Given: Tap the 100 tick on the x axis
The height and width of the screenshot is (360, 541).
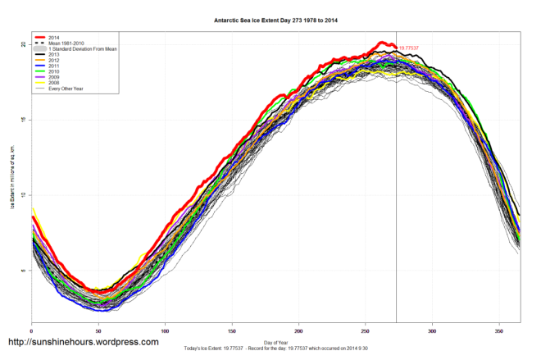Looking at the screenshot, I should point(165,330).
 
